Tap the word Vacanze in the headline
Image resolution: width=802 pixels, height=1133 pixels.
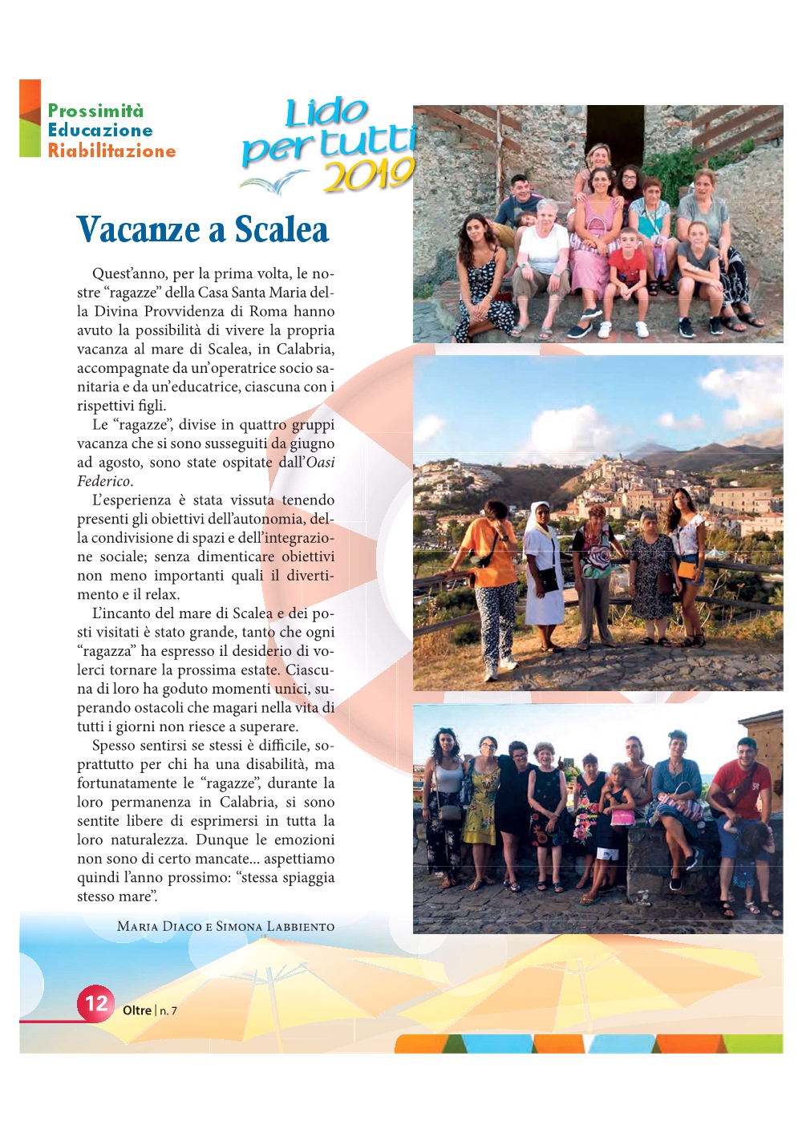(x=138, y=230)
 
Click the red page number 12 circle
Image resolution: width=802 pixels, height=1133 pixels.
(x=95, y=1003)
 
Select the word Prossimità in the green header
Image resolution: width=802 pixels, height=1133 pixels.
(x=95, y=111)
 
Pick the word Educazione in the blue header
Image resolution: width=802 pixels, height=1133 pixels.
(x=100, y=131)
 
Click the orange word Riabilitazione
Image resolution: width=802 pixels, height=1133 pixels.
(x=111, y=151)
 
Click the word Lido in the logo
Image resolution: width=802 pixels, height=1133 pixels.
(x=326, y=112)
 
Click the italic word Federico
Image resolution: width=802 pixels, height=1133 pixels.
(x=103, y=481)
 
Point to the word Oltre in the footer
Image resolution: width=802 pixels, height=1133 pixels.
(x=137, y=1010)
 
